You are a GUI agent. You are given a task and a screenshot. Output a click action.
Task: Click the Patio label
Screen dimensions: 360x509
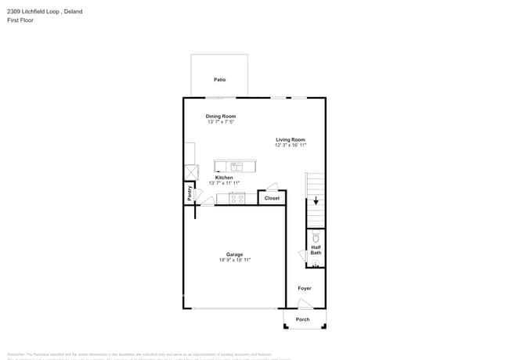pyautogui.click(x=220, y=80)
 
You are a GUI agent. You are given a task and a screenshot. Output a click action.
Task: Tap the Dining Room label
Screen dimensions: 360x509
pyautogui.click(x=221, y=116)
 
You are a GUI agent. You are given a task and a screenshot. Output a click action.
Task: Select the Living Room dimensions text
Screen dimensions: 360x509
pyautogui.click(x=291, y=146)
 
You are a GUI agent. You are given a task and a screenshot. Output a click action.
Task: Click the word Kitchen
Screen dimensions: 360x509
pyautogui.click(x=224, y=178)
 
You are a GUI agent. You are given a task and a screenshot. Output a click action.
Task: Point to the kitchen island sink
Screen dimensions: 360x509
pyautogui.click(x=235, y=166)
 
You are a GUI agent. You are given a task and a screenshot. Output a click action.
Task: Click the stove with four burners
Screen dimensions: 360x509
pyautogui.click(x=236, y=198)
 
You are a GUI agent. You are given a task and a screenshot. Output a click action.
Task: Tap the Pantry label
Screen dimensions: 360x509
pyautogui.click(x=190, y=192)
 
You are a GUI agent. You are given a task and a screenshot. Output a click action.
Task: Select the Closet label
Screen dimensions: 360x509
pyautogui.click(x=272, y=198)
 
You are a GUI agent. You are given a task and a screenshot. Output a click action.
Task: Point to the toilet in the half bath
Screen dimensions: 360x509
pyautogui.click(x=316, y=236)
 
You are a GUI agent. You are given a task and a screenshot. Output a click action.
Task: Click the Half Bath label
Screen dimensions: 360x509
pyautogui.click(x=316, y=250)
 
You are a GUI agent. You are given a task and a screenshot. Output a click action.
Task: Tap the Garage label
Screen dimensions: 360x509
pyautogui.click(x=234, y=254)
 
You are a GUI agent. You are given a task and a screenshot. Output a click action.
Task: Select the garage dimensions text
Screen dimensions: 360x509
pyautogui.click(x=234, y=260)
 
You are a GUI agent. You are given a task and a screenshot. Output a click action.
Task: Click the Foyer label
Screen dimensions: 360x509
pyautogui.click(x=305, y=288)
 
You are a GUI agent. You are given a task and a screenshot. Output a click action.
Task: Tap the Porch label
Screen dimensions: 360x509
pyautogui.click(x=303, y=319)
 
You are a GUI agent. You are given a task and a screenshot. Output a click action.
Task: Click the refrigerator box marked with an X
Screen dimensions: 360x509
pyautogui.click(x=190, y=172)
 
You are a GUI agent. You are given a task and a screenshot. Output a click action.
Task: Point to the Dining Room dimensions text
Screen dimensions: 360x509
pyautogui.click(x=221, y=122)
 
